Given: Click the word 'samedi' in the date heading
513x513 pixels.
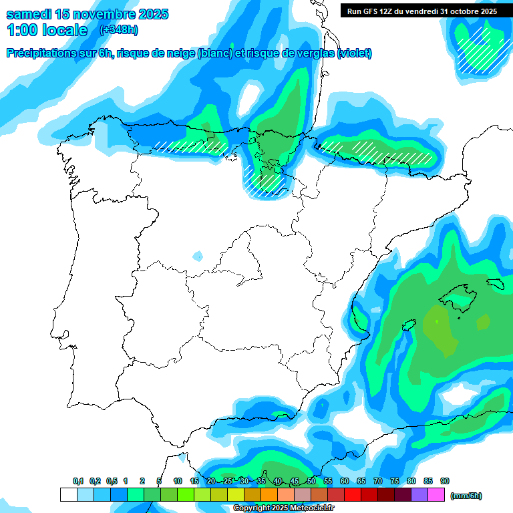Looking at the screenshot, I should click(29, 14).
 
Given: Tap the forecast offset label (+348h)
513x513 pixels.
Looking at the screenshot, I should click(118, 30).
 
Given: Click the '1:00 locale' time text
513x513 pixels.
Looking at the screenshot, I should click(47, 30).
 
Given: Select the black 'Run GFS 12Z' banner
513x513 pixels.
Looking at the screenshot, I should click(421, 11).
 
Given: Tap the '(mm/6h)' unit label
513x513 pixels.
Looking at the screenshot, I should click(466, 496).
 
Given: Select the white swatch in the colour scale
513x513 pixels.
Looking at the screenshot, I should click(68, 495).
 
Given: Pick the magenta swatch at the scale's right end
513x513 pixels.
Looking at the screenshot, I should click(437, 495).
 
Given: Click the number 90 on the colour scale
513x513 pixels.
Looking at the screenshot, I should click(445, 482).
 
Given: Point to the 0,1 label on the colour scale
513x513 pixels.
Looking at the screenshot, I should click(78, 482).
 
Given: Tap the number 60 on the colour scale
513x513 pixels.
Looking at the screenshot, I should click(345, 482).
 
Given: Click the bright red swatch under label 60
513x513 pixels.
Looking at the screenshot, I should click(353, 495).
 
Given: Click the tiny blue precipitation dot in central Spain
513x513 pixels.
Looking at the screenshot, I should click(198, 256).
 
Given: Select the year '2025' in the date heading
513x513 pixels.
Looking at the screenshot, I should click(149, 14).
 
